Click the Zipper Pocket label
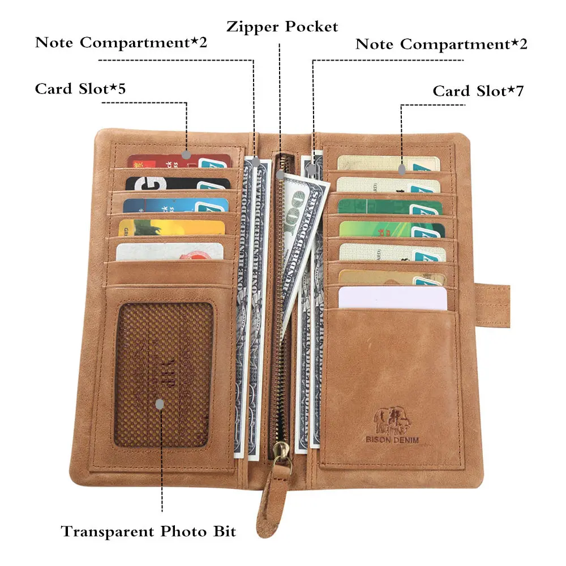pos(282,27)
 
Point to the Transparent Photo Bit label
pos(148,531)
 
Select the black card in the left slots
pos(170,183)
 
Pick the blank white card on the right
pos(391,298)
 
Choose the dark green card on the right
pos(391,207)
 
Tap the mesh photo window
pos(164,374)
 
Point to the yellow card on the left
pos(170,227)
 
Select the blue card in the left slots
pos(170,205)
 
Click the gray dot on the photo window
pos(160,404)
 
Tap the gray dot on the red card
pos(187,154)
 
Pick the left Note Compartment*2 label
pos(121,42)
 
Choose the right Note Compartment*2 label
pos(441,44)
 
